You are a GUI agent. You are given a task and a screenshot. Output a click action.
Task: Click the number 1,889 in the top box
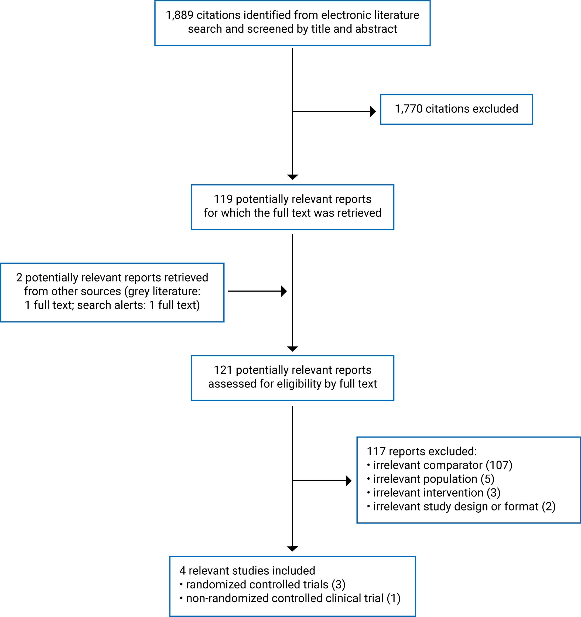tap(179, 15)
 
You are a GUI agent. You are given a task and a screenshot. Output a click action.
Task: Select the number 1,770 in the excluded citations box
tap(408, 109)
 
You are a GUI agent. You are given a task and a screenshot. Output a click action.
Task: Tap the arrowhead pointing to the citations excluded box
tap(373, 111)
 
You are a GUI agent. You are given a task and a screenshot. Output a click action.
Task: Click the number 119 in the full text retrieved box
tap(223, 199)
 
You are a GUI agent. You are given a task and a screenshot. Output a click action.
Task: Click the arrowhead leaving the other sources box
tap(284, 291)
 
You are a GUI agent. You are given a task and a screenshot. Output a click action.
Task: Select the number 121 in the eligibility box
tap(223, 370)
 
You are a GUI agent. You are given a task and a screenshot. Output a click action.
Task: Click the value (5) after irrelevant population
tap(487, 479)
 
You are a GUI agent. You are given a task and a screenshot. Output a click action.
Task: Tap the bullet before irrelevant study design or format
tap(368, 506)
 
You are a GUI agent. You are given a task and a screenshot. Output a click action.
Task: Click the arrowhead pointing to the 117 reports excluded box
tap(348, 481)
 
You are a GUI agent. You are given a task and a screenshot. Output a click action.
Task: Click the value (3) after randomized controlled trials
tap(338, 584)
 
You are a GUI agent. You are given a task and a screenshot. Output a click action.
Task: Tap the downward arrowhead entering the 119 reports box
tap(292, 177)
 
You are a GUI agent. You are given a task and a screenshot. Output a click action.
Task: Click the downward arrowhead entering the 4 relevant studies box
tap(292, 549)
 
